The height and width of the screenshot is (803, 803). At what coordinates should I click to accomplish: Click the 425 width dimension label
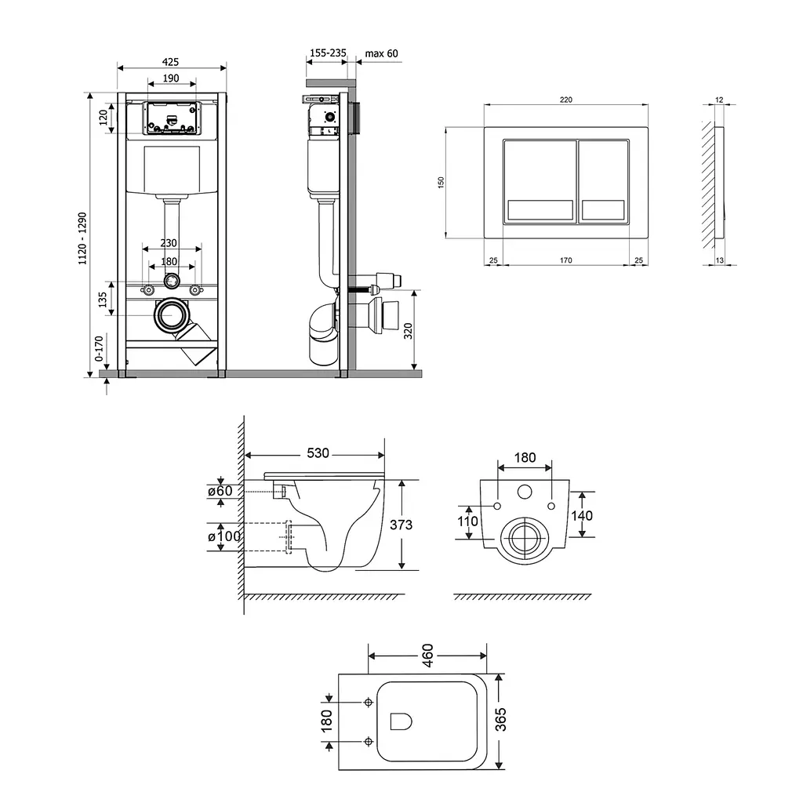[170, 62]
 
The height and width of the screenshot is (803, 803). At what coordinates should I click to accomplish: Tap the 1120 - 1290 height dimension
[82, 238]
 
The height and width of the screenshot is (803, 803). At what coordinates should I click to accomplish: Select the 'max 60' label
[381, 53]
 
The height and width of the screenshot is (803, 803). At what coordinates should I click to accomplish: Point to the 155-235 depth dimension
[328, 53]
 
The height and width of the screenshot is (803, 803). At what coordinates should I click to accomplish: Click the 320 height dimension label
[408, 332]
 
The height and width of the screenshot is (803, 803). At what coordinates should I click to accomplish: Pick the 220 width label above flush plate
[566, 100]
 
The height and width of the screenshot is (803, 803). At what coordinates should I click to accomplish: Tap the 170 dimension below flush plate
[566, 260]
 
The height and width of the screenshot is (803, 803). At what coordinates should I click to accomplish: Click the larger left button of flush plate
[540, 181]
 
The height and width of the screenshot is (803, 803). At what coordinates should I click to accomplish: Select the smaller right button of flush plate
[603, 181]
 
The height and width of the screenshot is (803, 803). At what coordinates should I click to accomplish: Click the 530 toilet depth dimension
[318, 453]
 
